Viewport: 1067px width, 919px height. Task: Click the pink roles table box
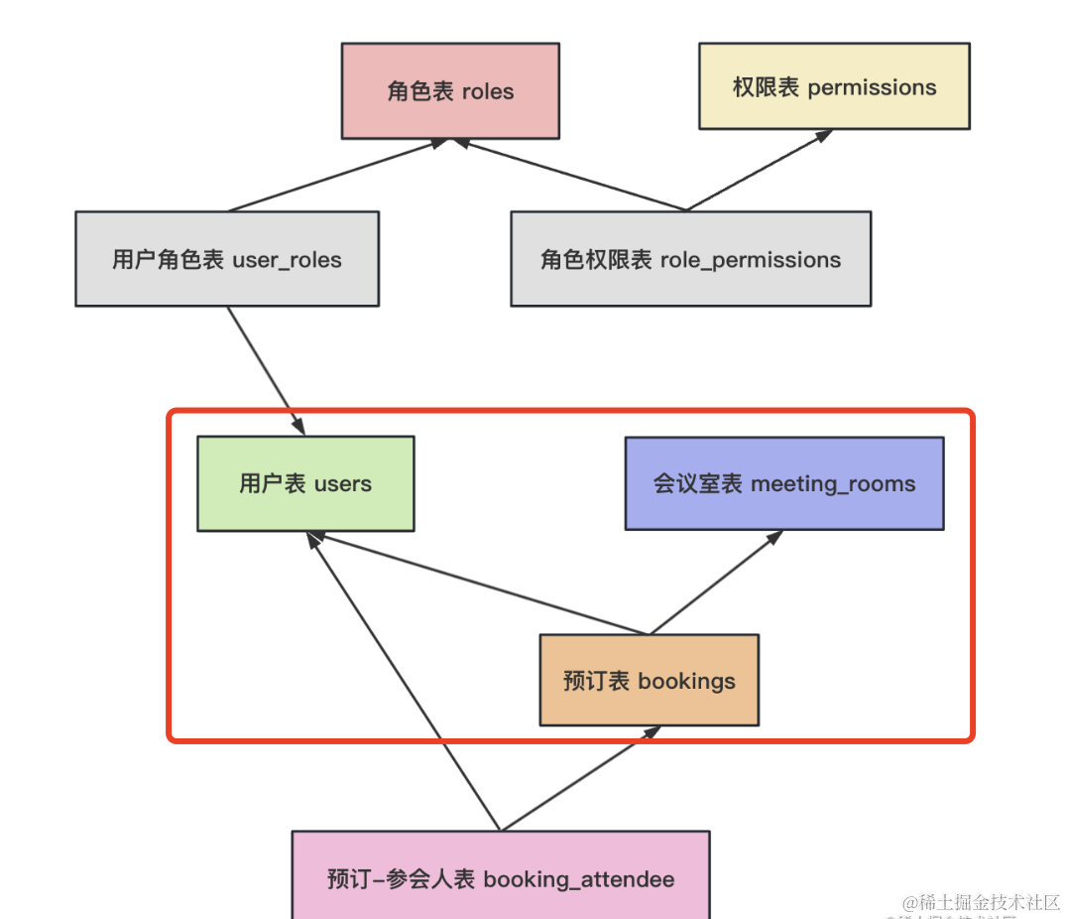coord(450,90)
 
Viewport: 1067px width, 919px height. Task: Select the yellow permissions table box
coord(834,86)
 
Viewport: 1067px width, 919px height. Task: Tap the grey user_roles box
coord(227,259)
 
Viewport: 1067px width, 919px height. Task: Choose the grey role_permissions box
coord(690,259)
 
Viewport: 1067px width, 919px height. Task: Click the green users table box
coord(305,483)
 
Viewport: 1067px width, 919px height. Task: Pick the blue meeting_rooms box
coord(783,483)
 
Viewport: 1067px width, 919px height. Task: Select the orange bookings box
coord(649,681)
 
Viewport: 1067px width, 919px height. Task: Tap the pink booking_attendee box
coord(501,877)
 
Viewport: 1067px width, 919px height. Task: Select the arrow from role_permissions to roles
coord(570,176)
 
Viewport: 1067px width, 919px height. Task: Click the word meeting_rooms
coord(833,483)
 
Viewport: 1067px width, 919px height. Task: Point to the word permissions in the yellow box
coord(872,86)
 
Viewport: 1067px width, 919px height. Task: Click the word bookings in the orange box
coord(686,681)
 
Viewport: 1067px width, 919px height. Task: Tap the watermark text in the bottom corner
coord(981,902)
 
